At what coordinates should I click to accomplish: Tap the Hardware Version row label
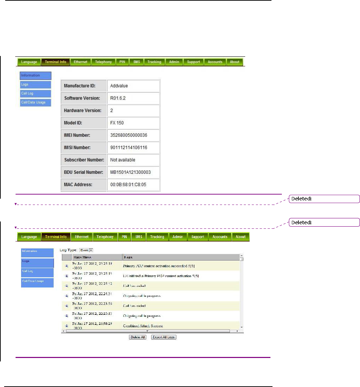[83, 111]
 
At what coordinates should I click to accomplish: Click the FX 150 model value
[117, 123]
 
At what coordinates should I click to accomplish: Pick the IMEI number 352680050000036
[128, 135]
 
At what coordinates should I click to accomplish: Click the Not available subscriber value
[122, 160]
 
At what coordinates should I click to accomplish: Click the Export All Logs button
[164, 337]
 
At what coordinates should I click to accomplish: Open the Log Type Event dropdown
[92, 250]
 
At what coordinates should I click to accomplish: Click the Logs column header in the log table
[128, 257]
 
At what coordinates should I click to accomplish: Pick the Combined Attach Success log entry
[143, 325]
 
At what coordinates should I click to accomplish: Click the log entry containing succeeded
[160, 266]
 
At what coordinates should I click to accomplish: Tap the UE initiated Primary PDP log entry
[161, 276]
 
